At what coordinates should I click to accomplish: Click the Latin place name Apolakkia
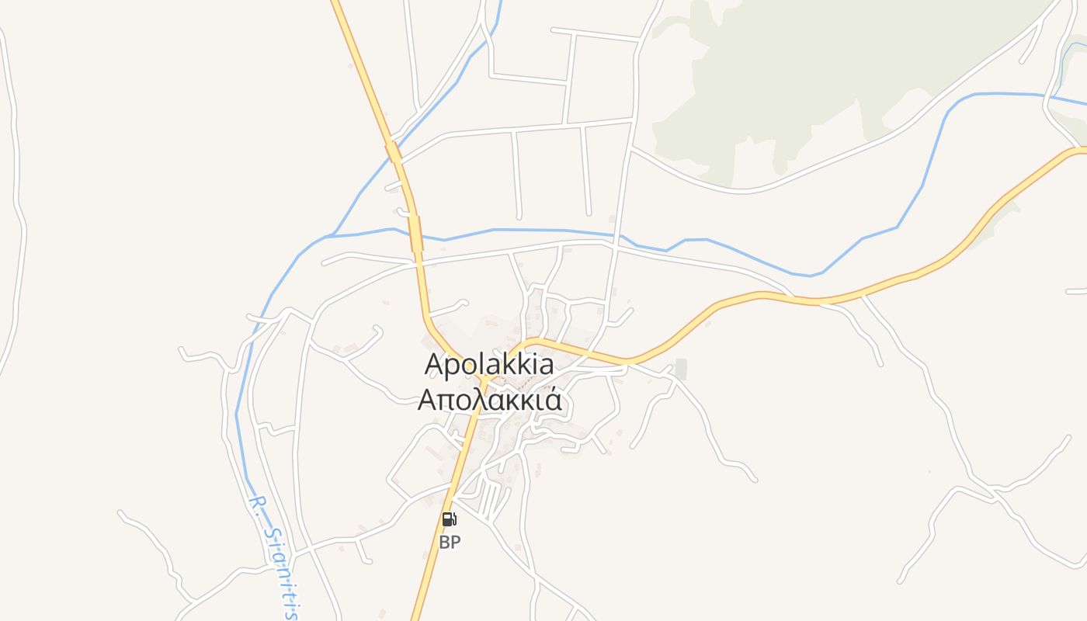(489, 364)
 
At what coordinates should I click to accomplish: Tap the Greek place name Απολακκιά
(489, 400)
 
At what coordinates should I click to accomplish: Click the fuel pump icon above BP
(449, 519)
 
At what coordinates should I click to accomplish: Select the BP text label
(450, 543)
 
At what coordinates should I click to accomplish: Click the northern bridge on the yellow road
(394, 151)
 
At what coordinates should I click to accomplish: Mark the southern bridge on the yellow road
(416, 233)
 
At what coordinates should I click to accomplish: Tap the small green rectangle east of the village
(681, 369)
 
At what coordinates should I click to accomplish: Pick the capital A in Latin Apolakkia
(435, 364)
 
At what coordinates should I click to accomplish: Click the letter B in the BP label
(444, 543)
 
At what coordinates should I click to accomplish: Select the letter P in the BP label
(455, 543)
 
